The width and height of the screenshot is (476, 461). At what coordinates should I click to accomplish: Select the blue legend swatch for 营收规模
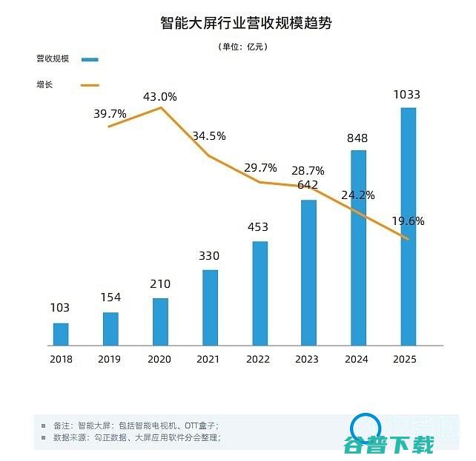90,59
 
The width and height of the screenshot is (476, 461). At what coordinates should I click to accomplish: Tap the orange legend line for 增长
90,85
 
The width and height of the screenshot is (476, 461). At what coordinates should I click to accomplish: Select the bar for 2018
61,334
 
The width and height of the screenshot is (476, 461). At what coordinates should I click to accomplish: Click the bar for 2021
210,308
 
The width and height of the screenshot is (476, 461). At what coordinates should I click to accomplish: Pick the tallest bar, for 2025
408,226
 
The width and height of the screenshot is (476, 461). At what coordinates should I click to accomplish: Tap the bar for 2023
308,272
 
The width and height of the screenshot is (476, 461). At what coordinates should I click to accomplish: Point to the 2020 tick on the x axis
160,359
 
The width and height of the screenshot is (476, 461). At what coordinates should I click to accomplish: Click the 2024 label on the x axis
358,359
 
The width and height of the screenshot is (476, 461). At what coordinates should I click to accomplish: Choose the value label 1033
407,95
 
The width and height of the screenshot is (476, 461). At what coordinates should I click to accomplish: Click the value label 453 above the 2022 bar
258,227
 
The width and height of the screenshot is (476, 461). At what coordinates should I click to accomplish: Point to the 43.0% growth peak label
160,96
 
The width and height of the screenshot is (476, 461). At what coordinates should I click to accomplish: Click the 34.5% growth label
209,136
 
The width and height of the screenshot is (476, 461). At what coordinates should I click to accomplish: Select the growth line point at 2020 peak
161,108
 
